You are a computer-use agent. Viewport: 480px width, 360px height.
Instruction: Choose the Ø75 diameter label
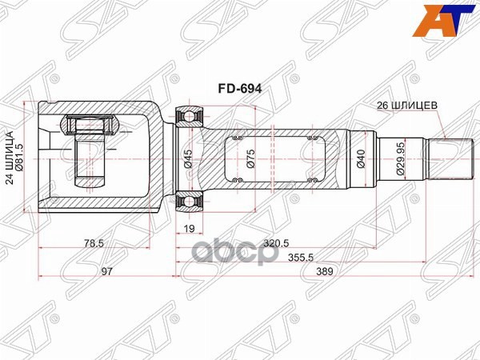(250, 160)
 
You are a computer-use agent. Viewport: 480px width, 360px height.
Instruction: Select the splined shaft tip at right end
(447, 160)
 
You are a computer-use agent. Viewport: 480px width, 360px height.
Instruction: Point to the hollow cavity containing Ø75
(272, 160)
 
